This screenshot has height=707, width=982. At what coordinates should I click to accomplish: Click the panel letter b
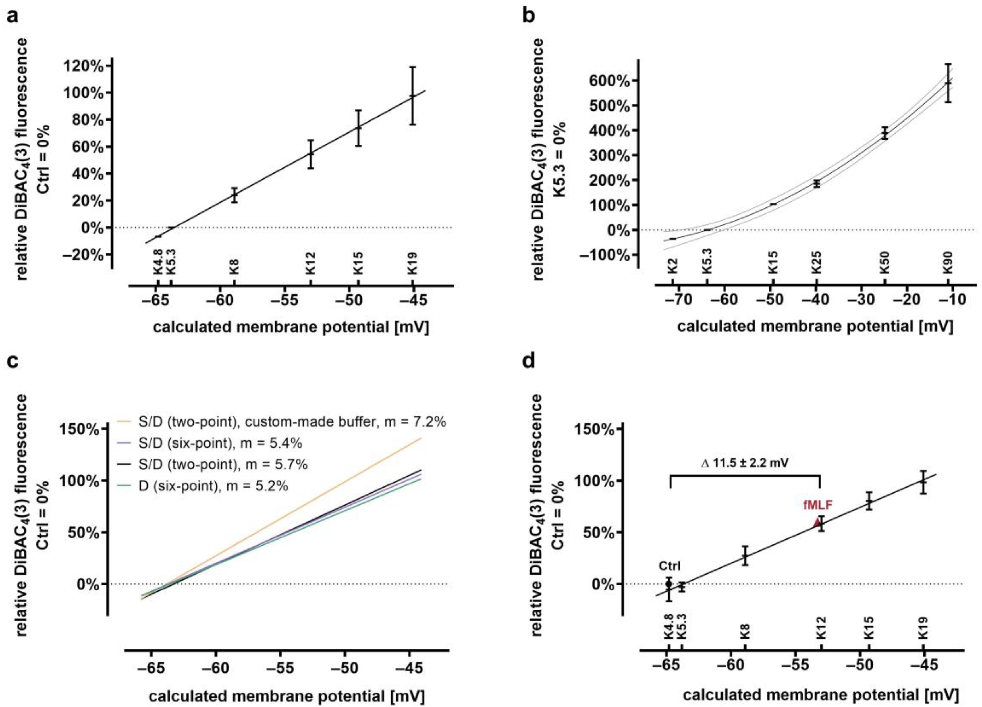(529, 16)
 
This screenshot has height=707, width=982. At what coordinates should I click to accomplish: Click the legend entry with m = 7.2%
(281, 422)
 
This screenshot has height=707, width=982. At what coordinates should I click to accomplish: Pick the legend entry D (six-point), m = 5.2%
(202, 486)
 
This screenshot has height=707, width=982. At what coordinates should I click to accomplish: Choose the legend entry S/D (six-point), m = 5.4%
(209, 443)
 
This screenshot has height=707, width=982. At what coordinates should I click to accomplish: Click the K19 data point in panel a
(413, 96)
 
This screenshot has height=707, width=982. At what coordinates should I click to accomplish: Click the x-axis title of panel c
(286, 696)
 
